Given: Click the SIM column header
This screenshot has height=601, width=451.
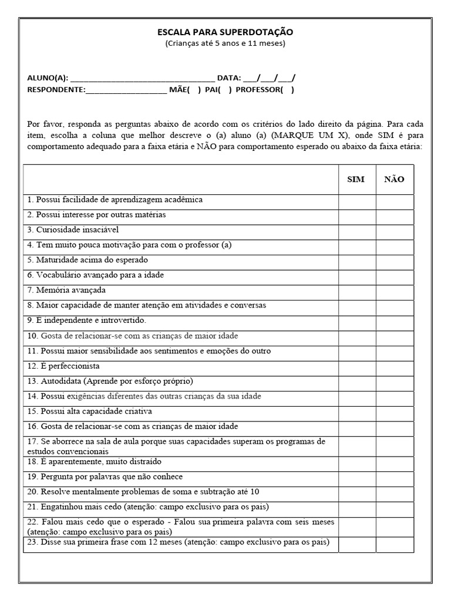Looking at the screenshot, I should click(x=356, y=180).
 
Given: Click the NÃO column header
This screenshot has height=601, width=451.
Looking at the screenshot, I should click(x=394, y=180).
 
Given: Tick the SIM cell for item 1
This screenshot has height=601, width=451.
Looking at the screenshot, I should click(x=356, y=202).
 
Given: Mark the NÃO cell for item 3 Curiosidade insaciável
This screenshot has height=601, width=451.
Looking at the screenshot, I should click(x=395, y=232).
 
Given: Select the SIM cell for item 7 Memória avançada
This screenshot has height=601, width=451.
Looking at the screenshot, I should click(x=356, y=292).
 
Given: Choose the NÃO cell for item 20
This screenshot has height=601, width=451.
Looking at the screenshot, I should click(x=395, y=493).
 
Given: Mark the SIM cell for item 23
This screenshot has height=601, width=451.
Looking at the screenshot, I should click(x=356, y=544).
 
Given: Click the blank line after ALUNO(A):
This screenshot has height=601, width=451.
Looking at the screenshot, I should click(x=142, y=78).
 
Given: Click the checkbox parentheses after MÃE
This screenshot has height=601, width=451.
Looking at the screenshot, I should click(x=194, y=90).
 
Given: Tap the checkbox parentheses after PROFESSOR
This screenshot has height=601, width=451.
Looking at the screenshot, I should click(x=287, y=90).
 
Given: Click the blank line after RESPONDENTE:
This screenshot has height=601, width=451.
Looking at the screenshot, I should click(x=126, y=90).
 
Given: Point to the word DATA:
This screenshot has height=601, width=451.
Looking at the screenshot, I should click(x=229, y=78).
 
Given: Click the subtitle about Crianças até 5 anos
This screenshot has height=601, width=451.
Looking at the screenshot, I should click(x=225, y=43).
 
